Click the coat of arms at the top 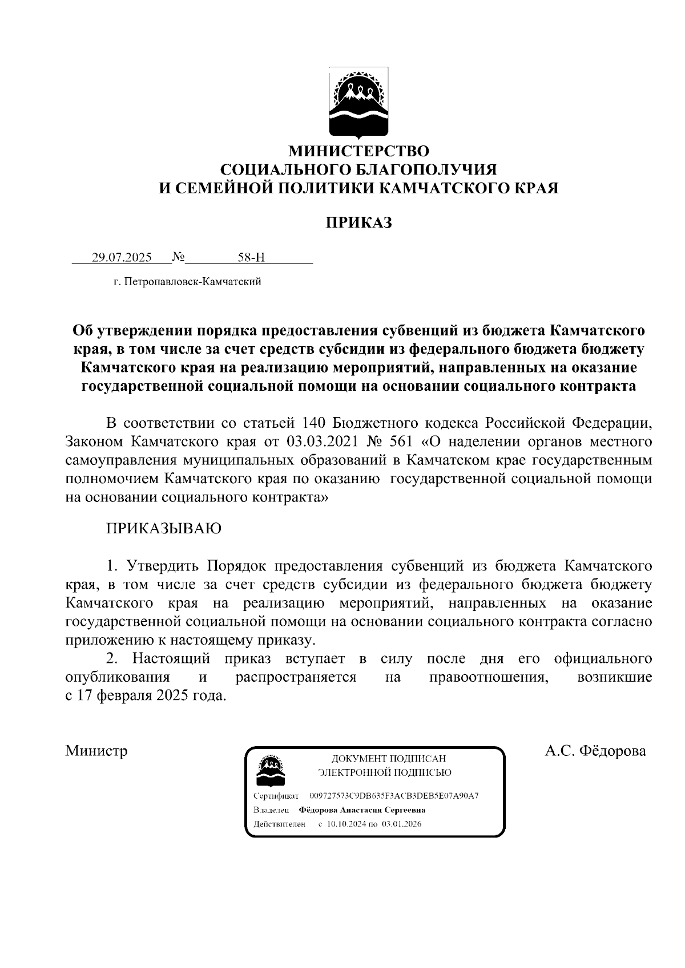tap(358, 103)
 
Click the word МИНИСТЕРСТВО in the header tap(358, 151)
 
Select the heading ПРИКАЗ tap(358, 222)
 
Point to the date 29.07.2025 tap(122, 257)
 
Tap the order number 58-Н tap(251, 257)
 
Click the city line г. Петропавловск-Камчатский tap(187, 282)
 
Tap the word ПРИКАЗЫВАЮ tap(164, 528)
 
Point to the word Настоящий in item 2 tap(171, 659)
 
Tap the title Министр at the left tap(96, 751)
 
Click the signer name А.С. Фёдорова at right tap(595, 751)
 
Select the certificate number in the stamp tap(394, 796)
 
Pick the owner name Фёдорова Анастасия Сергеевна tap(362, 810)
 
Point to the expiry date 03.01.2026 tap(402, 824)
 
